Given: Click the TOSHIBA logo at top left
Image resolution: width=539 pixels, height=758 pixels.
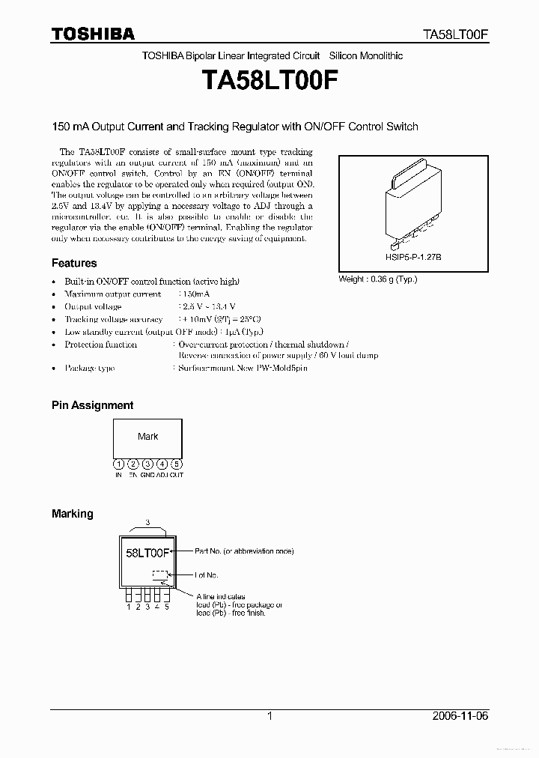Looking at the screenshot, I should tap(93, 34).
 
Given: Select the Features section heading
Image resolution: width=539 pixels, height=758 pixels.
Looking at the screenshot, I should tap(74, 263).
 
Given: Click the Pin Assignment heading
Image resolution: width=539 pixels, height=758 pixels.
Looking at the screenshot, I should tap(92, 405).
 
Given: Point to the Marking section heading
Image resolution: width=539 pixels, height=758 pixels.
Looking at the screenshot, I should tap(73, 514).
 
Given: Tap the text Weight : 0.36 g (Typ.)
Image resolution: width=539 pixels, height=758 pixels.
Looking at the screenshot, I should tap(378, 279).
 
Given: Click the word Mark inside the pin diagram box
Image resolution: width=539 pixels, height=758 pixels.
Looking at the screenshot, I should tap(148, 436).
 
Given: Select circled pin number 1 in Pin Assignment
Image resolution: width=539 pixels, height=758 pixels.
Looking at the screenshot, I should tap(118, 464).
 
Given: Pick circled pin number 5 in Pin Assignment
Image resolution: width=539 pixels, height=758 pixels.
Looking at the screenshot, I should tap(176, 464).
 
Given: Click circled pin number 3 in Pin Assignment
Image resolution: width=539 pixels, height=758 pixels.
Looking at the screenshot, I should tap(147, 464).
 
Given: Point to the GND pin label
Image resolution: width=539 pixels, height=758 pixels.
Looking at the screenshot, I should tap(147, 475).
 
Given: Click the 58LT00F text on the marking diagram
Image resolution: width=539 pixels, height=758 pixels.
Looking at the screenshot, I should tap(147, 553).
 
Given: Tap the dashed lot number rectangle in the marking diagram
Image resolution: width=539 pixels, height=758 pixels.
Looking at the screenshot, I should tap(159, 574).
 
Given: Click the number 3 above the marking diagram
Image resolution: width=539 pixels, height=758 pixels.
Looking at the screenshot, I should tap(147, 521).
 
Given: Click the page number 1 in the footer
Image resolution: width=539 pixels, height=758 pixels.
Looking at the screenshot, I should tap(269, 716).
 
